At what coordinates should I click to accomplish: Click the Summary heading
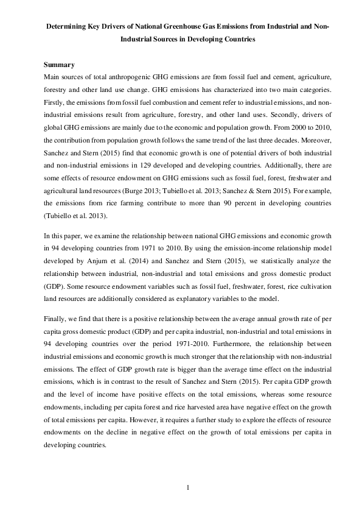[x=59, y=65]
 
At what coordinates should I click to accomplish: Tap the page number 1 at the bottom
[x=188, y=487]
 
